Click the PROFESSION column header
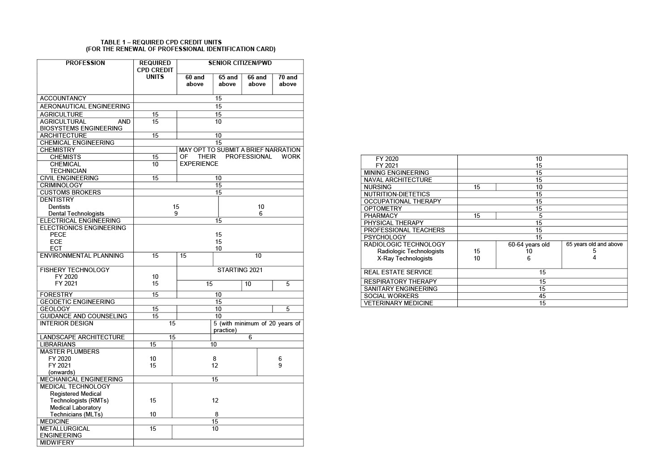pos(85,63)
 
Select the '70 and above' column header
pos(288,81)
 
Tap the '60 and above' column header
pos(195,81)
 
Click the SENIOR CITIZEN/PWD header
pos(240,63)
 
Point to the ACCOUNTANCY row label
pos(63,98)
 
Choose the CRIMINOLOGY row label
pos(61,185)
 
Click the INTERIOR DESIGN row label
pos(67,323)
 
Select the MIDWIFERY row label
pos(57,442)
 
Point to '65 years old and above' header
pos(594,244)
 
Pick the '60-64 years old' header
pos(529,244)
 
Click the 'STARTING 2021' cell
pos(240,270)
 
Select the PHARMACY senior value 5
pos(541,216)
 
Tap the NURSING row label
pos(378,187)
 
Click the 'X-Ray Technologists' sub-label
pos(405,258)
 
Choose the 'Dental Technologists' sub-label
pos(76,214)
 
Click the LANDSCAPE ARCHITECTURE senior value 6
pos(250,337)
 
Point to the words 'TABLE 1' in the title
pos(113,42)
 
